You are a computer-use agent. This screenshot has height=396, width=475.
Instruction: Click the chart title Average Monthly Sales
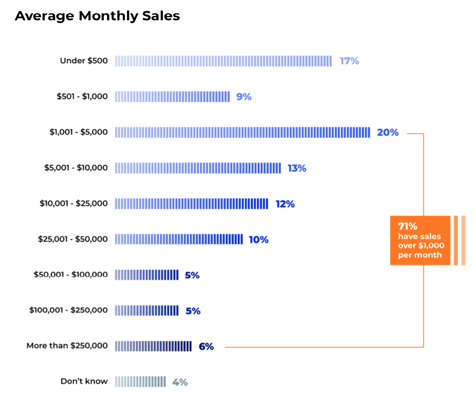(x=97, y=16)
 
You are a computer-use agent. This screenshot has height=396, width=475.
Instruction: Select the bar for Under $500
(x=223, y=61)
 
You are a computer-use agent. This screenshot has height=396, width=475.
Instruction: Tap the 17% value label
(x=349, y=61)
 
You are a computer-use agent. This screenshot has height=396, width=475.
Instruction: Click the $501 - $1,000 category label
(x=82, y=96)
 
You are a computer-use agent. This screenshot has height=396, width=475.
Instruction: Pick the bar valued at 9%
(x=172, y=96)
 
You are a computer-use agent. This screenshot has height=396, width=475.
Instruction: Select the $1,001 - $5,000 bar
(x=242, y=132)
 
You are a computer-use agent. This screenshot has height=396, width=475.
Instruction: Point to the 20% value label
(x=387, y=132)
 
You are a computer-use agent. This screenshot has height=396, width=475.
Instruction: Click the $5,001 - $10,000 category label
(x=76, y=168)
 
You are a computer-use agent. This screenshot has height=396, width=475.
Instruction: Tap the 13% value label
(x=297, y=168)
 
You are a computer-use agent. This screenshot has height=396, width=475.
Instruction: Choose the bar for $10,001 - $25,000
(x=192, y=204)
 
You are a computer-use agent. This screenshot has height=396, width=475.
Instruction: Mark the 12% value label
(x=285, y=204)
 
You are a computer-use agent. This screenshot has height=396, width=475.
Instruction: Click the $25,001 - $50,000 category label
(x=72, y=239)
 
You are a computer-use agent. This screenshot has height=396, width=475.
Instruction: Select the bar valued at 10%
(x=179, y=239)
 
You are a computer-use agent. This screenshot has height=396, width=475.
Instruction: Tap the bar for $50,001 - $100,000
(x=147, y=275)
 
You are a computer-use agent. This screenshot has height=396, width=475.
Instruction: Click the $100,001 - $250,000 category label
(x=68, y=310)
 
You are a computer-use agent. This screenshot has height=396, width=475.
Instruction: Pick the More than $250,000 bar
(x=153, y=346)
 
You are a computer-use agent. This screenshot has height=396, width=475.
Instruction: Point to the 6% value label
(x=206, y=346)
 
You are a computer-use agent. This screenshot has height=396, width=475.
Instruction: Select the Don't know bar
(x=140, y=382)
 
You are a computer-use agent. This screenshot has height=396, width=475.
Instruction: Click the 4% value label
(x=180, y=382)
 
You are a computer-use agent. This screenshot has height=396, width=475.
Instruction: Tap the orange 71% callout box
(x=420, y=240)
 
